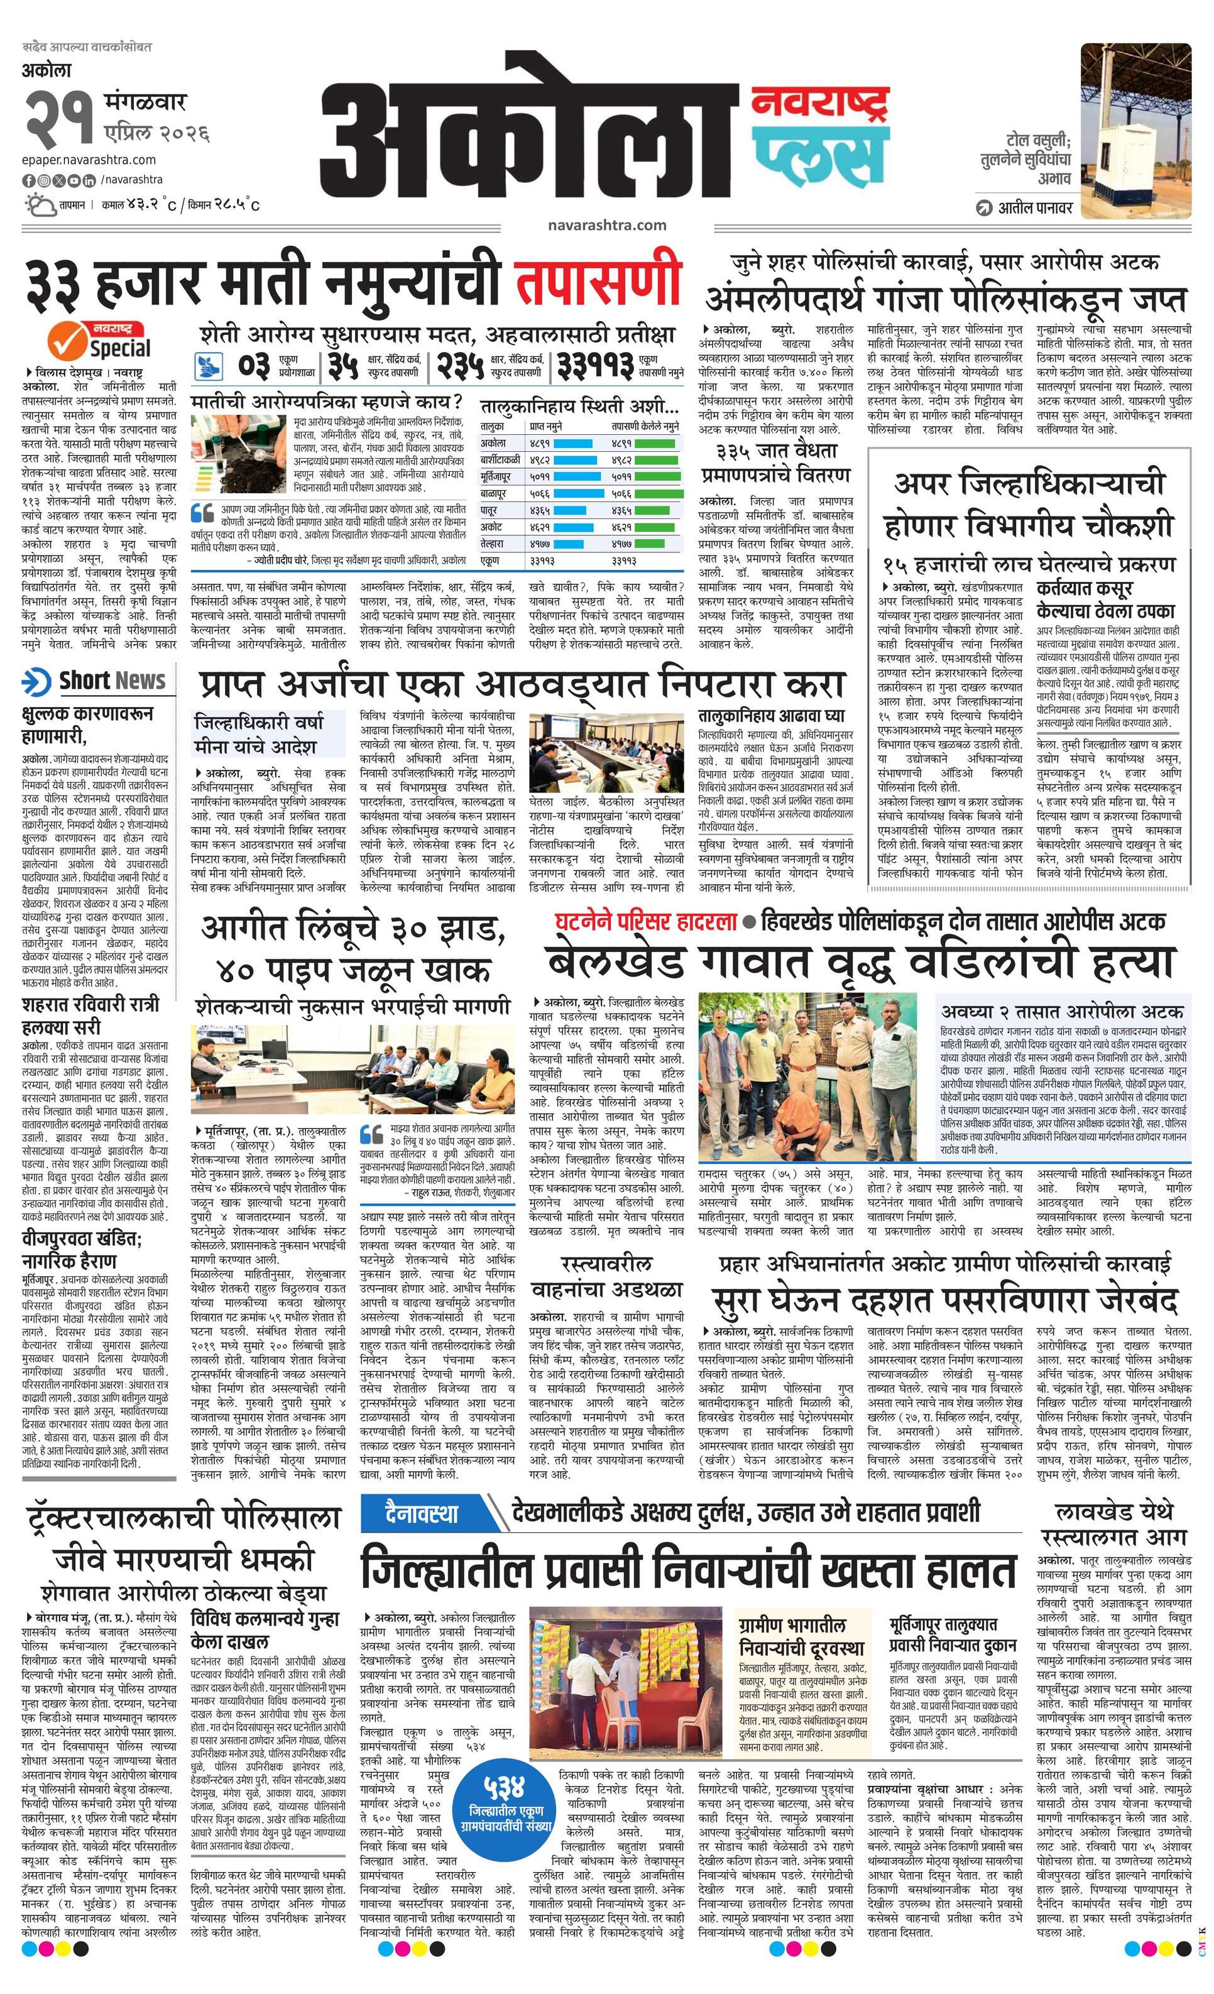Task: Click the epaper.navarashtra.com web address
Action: point(89,160)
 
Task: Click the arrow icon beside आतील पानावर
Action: point(984,208)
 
